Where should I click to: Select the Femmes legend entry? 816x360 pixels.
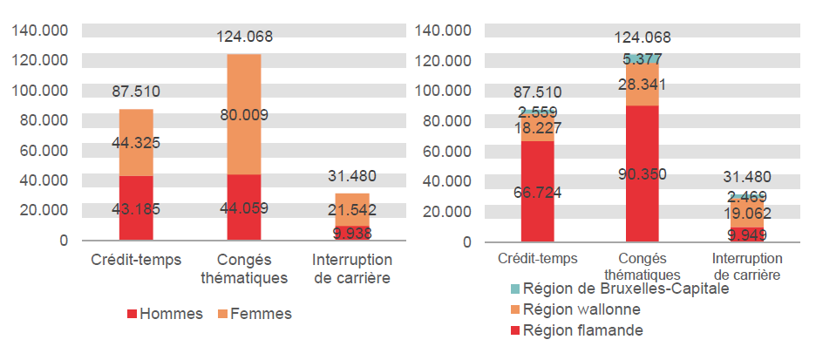(x=258, y=314)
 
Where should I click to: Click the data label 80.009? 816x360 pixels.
(x=243, y=114)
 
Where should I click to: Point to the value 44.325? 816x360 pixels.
(x=136, y=143)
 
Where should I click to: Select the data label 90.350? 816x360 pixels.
(x=643, y=174)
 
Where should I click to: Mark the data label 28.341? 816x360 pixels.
(x=643, y=84)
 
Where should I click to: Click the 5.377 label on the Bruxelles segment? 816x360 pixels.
(x=643, y=59)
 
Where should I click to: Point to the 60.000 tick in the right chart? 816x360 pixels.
(x=445, y=151)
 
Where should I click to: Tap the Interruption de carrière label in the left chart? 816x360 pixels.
(x=351, y=268)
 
